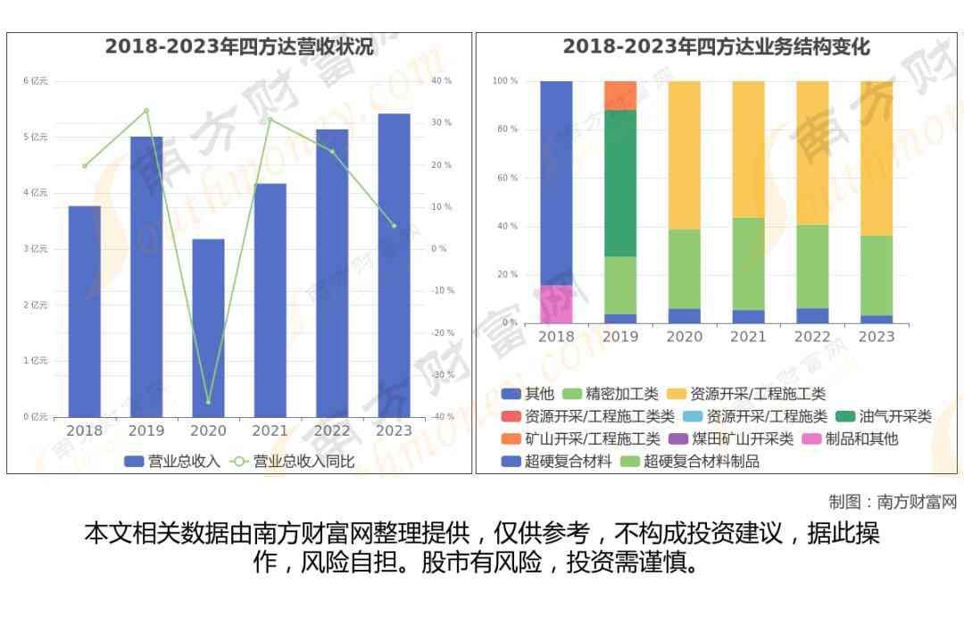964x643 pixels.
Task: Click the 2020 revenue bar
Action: point(208,327)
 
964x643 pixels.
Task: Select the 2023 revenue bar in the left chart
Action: point(394,264)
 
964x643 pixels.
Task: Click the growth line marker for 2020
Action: point(208,402)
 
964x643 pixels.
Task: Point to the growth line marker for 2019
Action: point(146,111)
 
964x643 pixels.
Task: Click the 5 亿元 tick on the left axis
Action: point(36,137)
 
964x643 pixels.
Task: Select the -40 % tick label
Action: point(441,416)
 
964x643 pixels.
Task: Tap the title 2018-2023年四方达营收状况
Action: point(239,46)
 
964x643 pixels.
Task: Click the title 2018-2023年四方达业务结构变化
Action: point(716,46)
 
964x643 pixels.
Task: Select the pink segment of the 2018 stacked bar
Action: point(556,304)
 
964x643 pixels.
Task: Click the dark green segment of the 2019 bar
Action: point(620,183)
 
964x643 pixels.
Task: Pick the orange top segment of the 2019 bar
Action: point(620,96)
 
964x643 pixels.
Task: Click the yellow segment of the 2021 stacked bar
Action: point(748,149)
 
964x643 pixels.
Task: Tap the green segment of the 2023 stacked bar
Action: point(876,275)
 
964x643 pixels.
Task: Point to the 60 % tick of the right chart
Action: point(506,178)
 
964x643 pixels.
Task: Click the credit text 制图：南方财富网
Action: point(892,502)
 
